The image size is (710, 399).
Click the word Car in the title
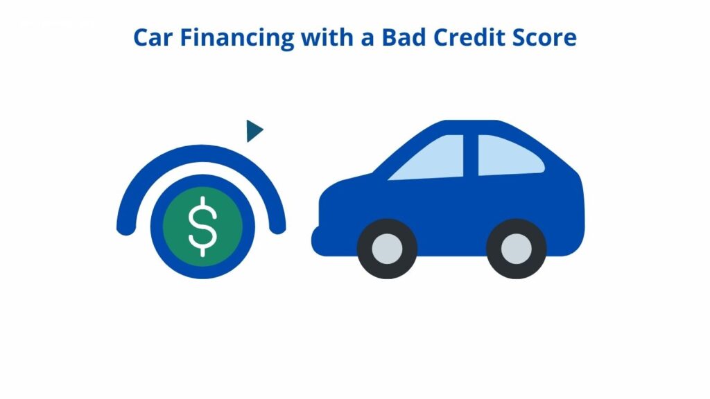click(153, 37)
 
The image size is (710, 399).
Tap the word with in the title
click(327, 37)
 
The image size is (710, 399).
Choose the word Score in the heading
click(544, 37)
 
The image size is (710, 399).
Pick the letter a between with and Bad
click(367, 39)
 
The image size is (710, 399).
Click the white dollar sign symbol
click(202, 227)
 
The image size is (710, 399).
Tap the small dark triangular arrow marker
click(254, 131)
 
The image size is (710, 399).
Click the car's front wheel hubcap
click(387, 249)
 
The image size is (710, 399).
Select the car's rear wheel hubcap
click(516, 249)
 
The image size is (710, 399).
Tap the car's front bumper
click(318, 240)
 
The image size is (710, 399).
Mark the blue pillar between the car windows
click(471, 155)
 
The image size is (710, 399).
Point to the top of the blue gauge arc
click(202, 153)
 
